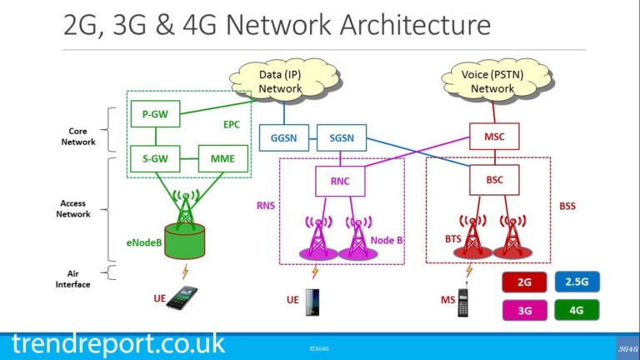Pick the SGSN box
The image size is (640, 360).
pyautogui.click(x=340, y=137)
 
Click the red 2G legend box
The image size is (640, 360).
pyautogui.click(x=524, y=282)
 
